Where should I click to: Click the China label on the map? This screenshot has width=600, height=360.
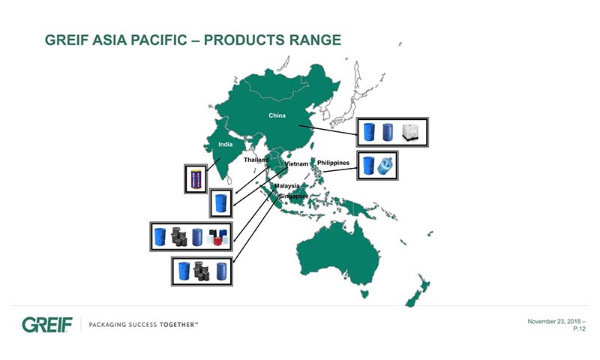tap(277, 115)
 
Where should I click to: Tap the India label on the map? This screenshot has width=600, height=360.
tap(226, 144)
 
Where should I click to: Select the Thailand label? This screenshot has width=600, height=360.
tap(256, 160)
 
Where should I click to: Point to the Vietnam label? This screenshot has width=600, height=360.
tap(296, 163)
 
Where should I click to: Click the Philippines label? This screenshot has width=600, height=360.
tap(333, 163)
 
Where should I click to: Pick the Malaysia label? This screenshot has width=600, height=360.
tap(287, 186)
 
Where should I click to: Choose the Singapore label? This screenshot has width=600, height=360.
tap(294, 196)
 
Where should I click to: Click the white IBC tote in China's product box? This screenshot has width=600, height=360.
tap(410, 132)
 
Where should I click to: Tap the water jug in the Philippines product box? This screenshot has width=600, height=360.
tap(385, 166)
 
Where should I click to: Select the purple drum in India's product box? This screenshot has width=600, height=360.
tap(196, 178)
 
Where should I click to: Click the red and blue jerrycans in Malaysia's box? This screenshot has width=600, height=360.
tap(217, 237)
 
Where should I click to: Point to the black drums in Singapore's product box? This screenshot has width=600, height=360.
tap(202, 271)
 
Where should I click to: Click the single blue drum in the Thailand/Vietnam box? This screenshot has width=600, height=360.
tap(220, 203)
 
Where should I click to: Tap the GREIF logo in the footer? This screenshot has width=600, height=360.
tap(47, 325)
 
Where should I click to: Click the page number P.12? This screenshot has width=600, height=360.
tap(579, 328)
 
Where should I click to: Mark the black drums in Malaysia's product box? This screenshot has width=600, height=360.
tap(179, 237)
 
